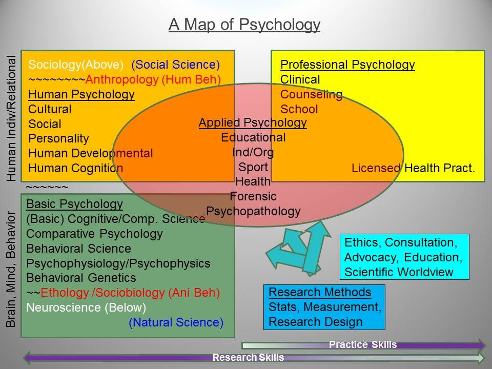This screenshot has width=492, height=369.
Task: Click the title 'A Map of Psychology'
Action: [x=244, y=25]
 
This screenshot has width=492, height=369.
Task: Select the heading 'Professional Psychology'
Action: [x=347, y=65]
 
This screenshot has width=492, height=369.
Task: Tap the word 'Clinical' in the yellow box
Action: [x=300, y=79]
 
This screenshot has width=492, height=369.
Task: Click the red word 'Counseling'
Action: [x=311, y=94]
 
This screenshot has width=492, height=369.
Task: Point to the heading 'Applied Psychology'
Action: [x=253, y=122]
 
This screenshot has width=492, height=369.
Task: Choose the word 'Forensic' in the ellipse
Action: [x=253, y=196]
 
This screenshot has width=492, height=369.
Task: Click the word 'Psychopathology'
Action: [x=253, y=212]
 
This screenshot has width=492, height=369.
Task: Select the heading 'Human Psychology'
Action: [x=81, y=94]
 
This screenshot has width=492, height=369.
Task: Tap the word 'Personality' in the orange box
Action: [x=58, y=139]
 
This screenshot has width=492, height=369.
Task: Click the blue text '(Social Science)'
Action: [x=176, y=65]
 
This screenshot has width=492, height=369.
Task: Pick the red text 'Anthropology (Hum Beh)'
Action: [x=153, y=80]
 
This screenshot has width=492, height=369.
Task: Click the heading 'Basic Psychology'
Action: [x=75, y=204]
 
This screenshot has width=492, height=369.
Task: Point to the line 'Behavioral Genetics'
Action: [x=81, y=278]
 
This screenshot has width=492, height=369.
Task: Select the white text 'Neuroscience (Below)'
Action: [x=86, y=307]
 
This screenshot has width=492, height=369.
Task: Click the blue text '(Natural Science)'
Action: [x=176, y=322]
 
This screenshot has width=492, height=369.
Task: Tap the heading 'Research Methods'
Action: [x=320, y=293]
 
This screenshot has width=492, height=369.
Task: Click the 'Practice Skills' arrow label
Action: [x=363, y=345]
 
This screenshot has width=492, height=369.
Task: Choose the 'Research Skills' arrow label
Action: [x=248, y=357]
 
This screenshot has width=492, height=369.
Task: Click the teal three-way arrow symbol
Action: [x=298, y=249]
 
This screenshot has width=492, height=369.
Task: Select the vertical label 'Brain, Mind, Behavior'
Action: [x=11, y=269]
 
